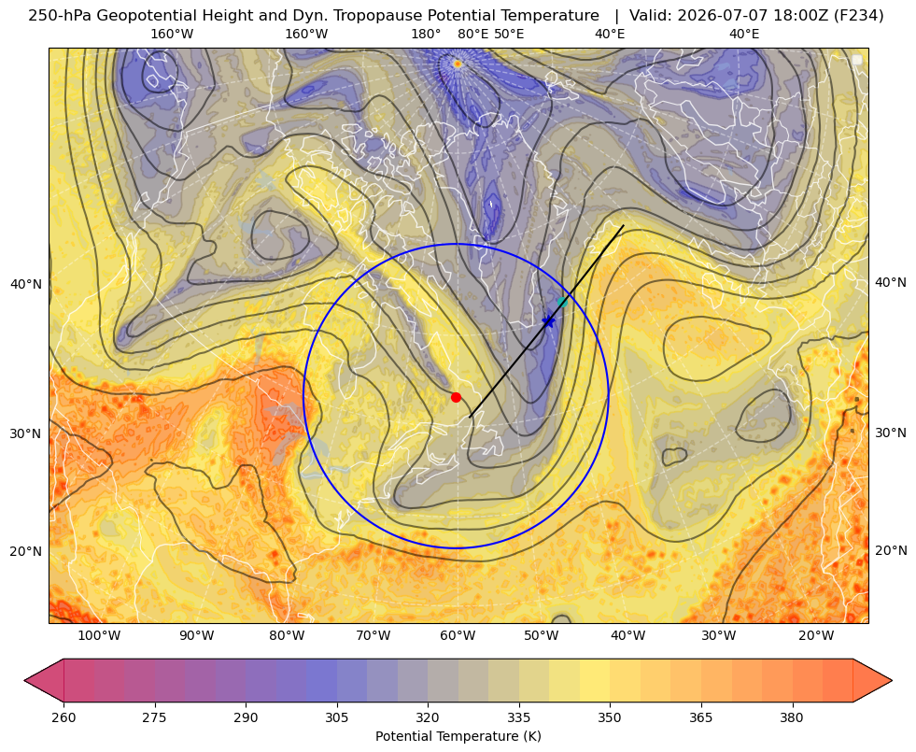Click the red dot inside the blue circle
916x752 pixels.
tap(457, 397)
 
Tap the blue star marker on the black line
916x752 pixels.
tap(548, 321)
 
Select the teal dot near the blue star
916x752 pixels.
tap(562, 302)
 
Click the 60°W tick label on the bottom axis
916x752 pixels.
tap(457, 636)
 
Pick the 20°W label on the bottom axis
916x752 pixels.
tap(816, 636)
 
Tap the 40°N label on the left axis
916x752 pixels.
tap(26, 285)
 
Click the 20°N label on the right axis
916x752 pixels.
tap(891, 550)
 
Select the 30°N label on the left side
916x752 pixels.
tap(26, 433)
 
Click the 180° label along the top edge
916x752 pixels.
tap(426, 34)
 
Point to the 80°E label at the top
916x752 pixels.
tap(473, 34)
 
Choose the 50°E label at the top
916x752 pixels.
tap(509, 34)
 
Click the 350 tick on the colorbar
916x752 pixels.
tap(610, 717)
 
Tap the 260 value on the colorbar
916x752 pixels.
tap(63, 717)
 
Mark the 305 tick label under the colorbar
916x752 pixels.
tap(337, 717)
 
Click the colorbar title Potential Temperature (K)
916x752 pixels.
tap(458, 736)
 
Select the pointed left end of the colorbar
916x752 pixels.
tap(25, 680)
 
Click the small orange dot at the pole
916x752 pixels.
tap(458, 64)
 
